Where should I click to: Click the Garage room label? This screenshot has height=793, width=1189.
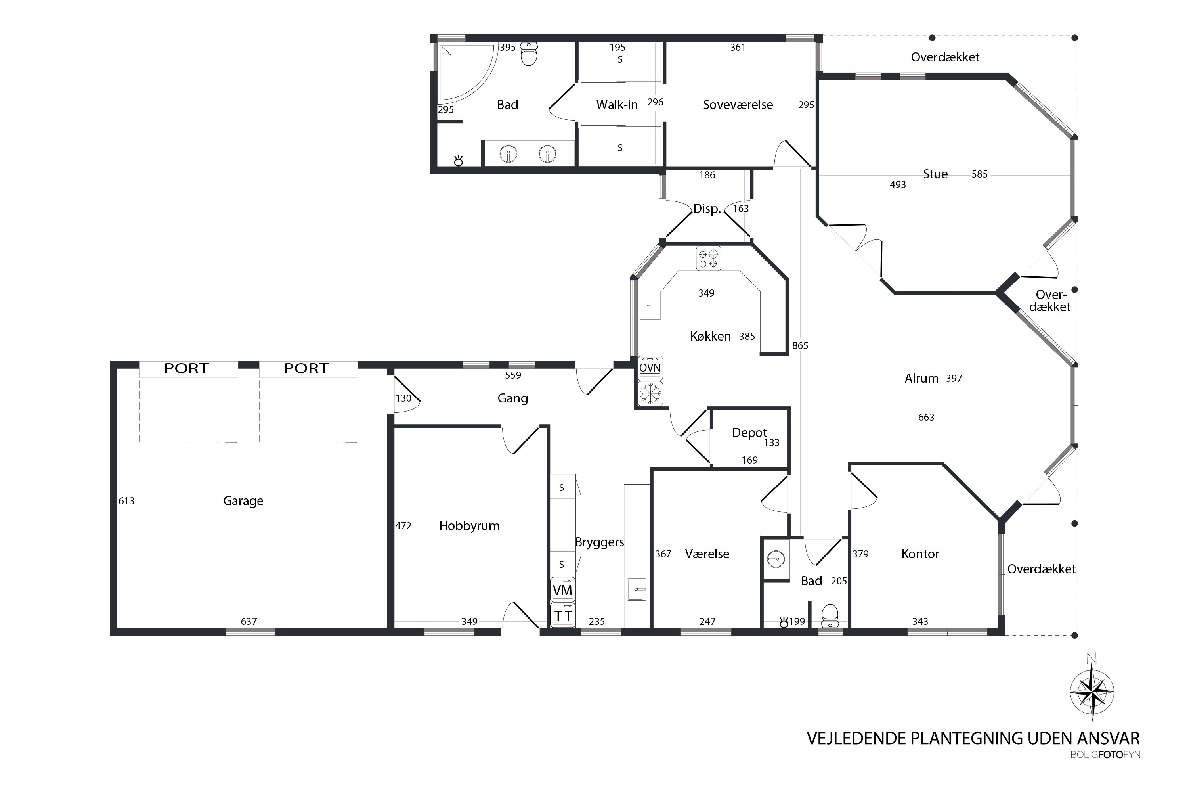tap(243, 501)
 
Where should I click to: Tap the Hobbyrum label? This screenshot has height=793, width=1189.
tap(469, 526)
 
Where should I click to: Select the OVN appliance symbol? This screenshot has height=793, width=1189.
tap(650, 368)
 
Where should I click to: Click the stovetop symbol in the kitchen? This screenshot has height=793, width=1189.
tap(708, 258)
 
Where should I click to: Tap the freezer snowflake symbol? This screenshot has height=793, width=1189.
tap(650, 393)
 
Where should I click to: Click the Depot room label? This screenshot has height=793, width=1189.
tap(749, 433)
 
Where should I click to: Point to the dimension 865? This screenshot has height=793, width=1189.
tap(800, 345)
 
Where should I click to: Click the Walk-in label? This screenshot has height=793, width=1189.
tap(617, 105)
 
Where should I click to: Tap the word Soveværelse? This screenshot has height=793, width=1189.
tap(738, 105)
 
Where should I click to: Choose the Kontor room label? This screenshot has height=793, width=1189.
tap(920, 554)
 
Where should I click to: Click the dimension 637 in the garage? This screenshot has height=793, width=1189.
tap(249, 621)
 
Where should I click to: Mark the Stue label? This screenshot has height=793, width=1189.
tap(935, 174)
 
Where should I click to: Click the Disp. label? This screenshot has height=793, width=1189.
tap(707, 209)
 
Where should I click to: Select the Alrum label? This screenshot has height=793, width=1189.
tap(921, 378)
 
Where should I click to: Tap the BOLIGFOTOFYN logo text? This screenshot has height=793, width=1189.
tap(1105, 755)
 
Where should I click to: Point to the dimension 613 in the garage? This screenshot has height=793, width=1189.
tap(126, 501)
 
